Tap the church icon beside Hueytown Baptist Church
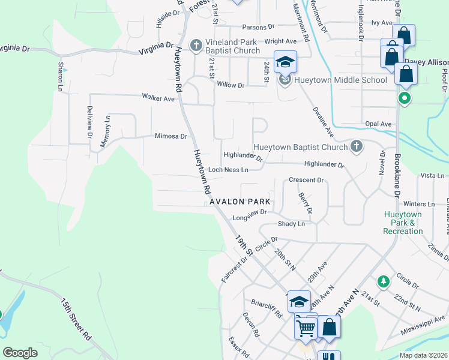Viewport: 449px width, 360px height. (x=356, y=146)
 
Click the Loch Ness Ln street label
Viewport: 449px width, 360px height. (x=228, y=170)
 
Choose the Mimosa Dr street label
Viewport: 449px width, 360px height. (x=171, y=136)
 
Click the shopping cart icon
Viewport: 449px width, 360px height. (x=306, y=328)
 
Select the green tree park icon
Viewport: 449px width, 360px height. (x=383, y=281)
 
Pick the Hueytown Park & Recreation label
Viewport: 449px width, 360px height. (x=403, y=223)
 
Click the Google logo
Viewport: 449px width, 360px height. (x=20, y=352)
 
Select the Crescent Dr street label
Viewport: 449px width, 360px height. (x=306, y=180)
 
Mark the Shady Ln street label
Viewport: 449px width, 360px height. (x=291, y=224)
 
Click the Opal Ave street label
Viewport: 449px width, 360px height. (x=378, y=124)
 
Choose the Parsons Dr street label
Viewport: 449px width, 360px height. (x=258, y=27)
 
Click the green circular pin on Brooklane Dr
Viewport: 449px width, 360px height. (x=405, y=98)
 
